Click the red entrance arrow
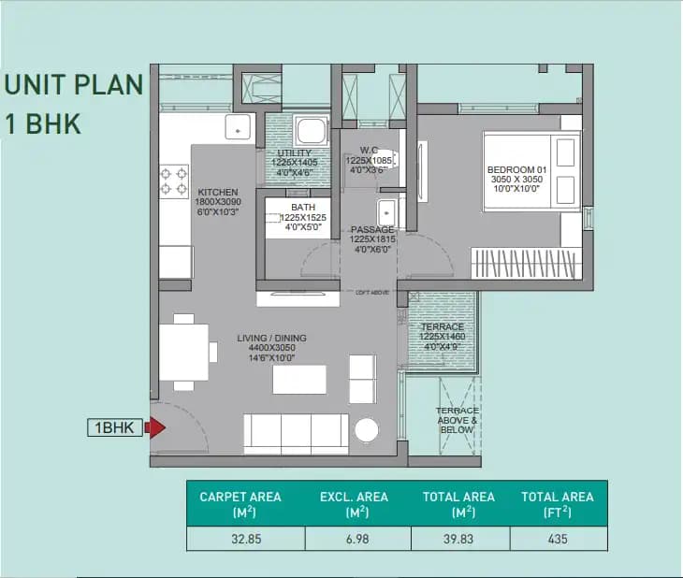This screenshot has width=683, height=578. (x=157, y=428)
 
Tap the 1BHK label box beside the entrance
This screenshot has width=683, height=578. (x=116, y=428)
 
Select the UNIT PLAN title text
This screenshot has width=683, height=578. (x=74, y=85)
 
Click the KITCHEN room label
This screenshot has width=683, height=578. (x=218, y=193)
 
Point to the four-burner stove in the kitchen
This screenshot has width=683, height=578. (x=174, y=181)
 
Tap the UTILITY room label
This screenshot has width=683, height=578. (x=296, y=152)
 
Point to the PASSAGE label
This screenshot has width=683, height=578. (x=372, y=229)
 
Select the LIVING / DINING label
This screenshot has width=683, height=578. (x=270, y=338)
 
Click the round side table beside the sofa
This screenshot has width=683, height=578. (x=367, y=430)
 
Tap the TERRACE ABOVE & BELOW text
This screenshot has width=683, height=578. (x=458, y=420)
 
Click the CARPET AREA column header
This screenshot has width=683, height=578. (x=240, y=503)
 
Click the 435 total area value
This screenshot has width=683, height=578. (x=558, y=539)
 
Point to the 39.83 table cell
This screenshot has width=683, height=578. (x=460, y=539)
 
